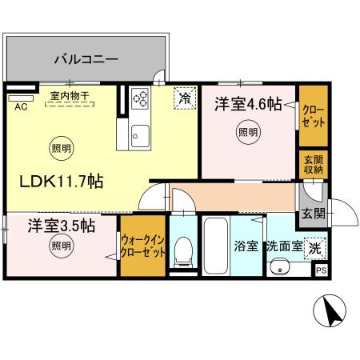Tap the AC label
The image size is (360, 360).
point(21,106)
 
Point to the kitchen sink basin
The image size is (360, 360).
point(140,134)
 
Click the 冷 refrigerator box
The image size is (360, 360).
point(185,98)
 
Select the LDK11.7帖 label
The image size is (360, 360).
point(61,182)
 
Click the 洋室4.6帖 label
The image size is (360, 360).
point(245,103)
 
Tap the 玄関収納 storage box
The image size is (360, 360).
point(313,163)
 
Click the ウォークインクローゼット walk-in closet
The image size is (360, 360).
point(143,246)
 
